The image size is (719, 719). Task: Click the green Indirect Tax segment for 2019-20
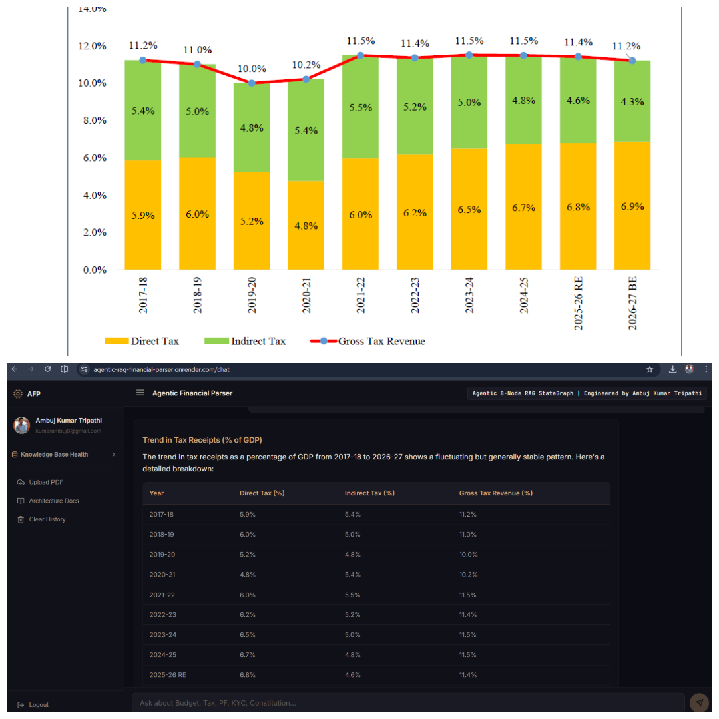coord(251,128)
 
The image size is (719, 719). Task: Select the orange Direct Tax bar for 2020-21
coord(306,225)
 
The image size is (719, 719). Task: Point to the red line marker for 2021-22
coord(360,55)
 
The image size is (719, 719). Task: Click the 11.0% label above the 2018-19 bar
coord(198,49)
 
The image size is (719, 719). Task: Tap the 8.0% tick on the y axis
coord(95,120)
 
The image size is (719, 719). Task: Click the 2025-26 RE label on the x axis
coord(579,303)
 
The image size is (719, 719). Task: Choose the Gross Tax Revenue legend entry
coord(367,341)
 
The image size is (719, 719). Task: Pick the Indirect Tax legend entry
coord(245,341)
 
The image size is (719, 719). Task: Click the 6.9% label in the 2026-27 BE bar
coord(632,206)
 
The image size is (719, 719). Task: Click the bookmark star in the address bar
coord(650,369)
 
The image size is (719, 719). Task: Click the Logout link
coord(33,705)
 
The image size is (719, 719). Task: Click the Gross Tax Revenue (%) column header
coord(496,493)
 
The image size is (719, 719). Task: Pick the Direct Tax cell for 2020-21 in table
coord(248,574)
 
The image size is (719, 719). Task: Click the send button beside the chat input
coord(699,702)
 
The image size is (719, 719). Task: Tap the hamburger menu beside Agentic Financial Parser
coord(140,393)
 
